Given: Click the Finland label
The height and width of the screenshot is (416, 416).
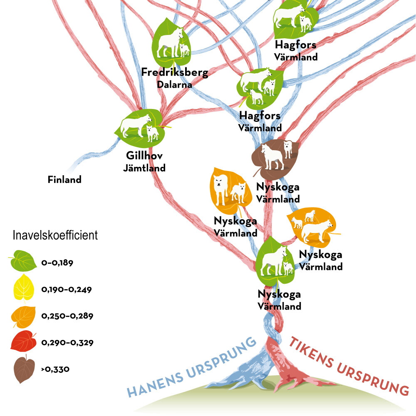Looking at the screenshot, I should [64, 180].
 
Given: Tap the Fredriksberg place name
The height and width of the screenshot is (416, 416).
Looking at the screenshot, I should [174, 73].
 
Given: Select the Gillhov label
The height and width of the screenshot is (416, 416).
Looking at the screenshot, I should [144, 156].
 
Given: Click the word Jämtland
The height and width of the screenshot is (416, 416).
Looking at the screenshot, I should [144, 168].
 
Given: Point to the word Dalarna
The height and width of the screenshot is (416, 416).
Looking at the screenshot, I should [174, 84].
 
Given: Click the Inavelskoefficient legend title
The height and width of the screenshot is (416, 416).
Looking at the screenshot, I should [55, 235].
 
